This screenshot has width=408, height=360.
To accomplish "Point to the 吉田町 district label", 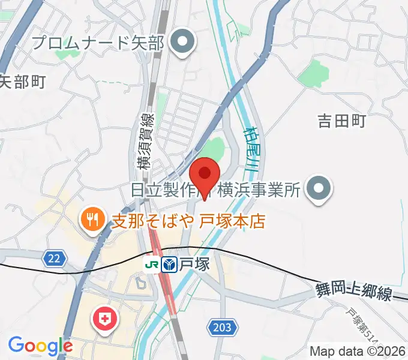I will (341, 121).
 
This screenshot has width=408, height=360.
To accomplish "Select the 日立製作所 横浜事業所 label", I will (215, 191).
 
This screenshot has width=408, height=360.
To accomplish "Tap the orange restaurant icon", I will (91, 220).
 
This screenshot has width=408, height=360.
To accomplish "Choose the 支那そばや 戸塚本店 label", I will (188, 221).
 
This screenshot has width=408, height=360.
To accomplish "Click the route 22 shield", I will (53, 258).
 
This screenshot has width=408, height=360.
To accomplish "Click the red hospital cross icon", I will (105, 317).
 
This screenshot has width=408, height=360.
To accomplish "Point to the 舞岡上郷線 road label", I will (353, 293).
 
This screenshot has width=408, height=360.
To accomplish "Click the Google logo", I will (40, 346).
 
